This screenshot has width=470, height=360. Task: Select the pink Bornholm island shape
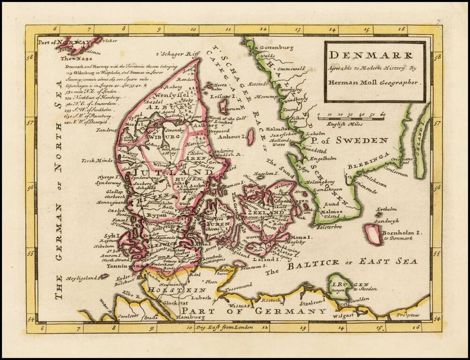click(373, 234)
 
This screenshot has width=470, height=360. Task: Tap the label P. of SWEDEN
click(351, 140)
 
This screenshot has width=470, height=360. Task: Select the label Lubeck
click(195, 297)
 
